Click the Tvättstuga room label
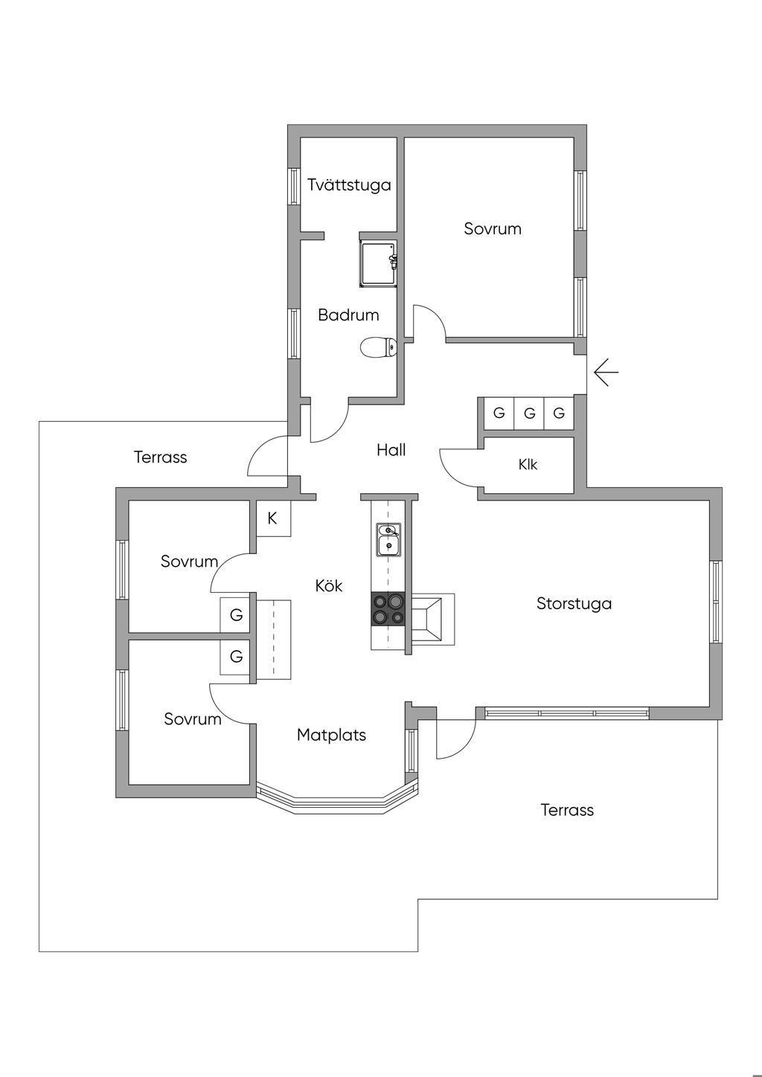pyautogui.click(x=349, y=184)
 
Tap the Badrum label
pyautogui.click(x=348, y=315)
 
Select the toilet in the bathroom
pyautogui.click(x=379, y=347)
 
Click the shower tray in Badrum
pyautogui.click(x=378, y=263)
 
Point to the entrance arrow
pyautogui.click(x=606, y=371)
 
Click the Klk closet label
pyautogui.click(x=528, y=465)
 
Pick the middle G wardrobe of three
pyautogui.click(x=529, y=413)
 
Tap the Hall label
pyautogui.click(x=391, y=449)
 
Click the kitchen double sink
pyautogui.click(x=388, y=539)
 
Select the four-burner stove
pyautogui.click(x=388, y=608)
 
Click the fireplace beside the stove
pyautogui.click(x=430, y=618)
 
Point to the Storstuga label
pyautogui.click(x=574, y=603)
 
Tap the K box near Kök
pyautogui.click(x=272, y=518)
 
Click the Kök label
pyautogui.click(x=328, y=586)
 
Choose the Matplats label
pyautogui.click(x=331, y=735)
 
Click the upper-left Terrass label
pyautogui.click(x=160, y=457)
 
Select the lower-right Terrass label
pyautogui.click(x=567, y=810)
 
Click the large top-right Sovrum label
pyautogui.click(x=493, y=228)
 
